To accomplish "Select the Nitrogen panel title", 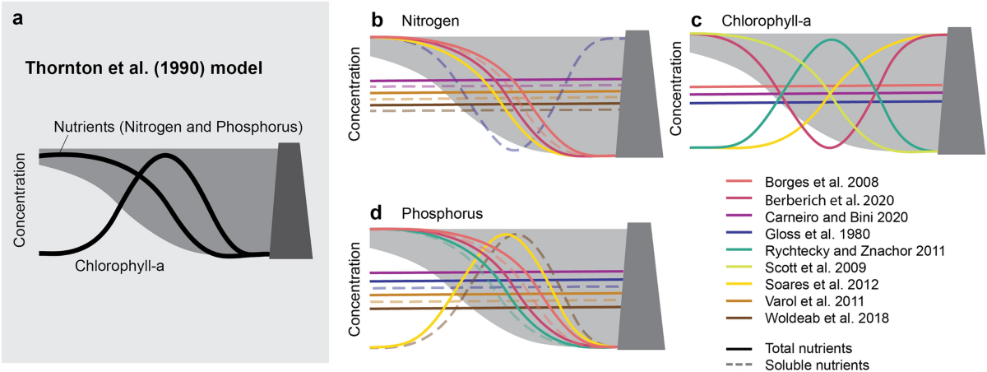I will point(429,18).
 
